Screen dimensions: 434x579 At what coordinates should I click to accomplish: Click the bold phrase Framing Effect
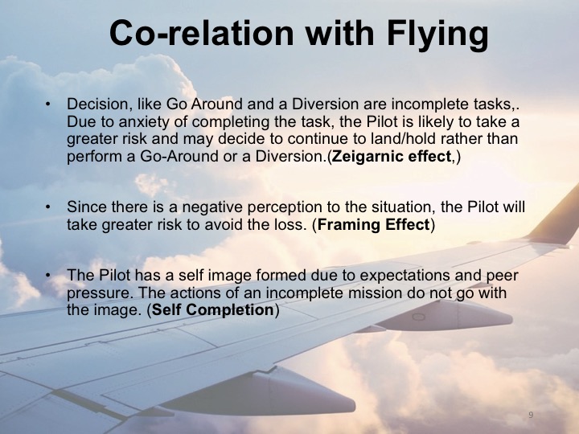tap(374, 224)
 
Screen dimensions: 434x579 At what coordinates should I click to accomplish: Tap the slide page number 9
tap(532, 415)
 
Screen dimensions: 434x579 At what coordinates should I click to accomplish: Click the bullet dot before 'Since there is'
tap(48, 207)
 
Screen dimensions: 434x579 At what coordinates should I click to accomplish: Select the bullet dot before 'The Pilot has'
tap(48, 276)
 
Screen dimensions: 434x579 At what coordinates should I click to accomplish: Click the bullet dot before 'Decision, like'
tap(48, 104)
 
